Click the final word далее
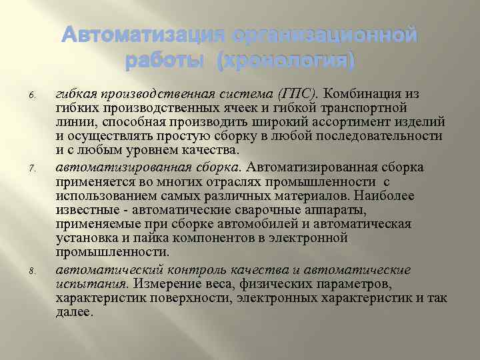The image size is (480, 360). pyautogui.click(x=74, y=311)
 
